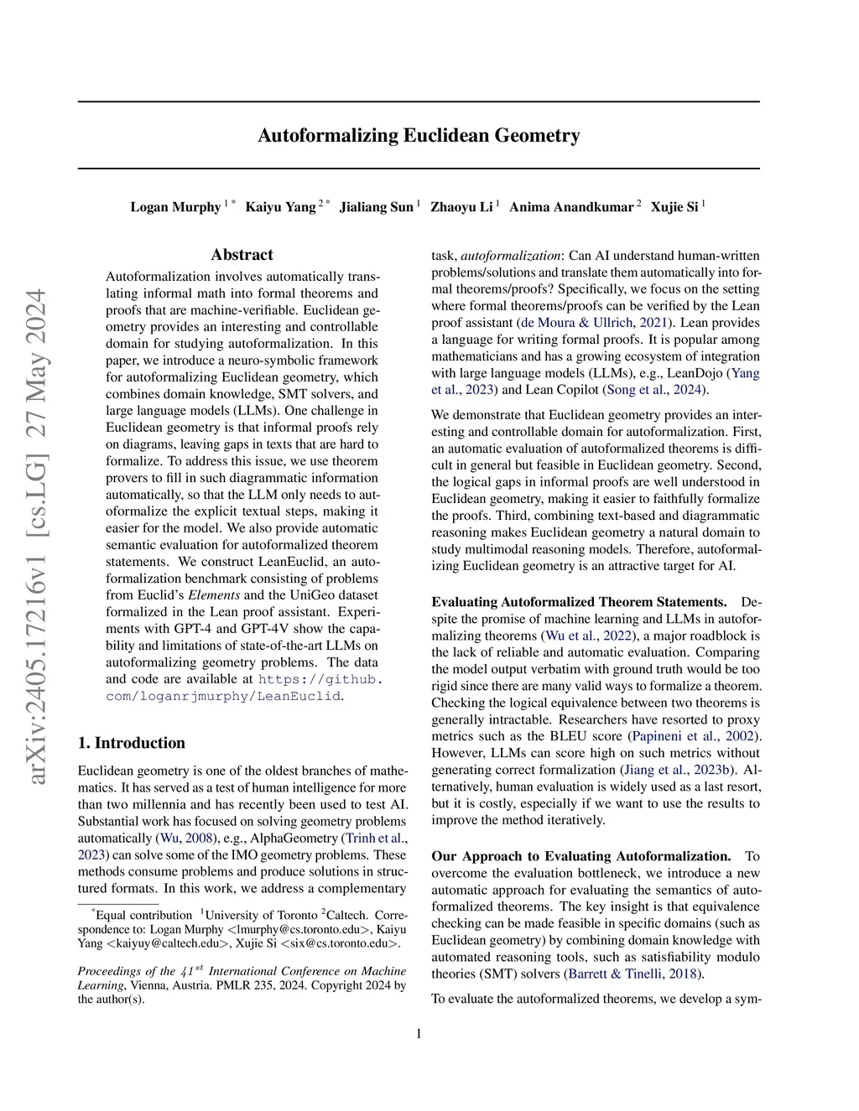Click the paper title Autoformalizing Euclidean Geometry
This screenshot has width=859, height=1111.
[x=419, y=135]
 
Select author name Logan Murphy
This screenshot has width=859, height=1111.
[x=175, y=207]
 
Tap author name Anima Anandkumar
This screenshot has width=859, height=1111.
[x=570, y=207]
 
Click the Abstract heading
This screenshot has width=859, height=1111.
[x=242, y=255]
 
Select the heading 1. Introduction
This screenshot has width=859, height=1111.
[x=131, y=743]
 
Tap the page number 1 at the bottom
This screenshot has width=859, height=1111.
[x=419, y=1034]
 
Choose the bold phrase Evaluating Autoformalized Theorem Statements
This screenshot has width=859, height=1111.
[x=579, y=602]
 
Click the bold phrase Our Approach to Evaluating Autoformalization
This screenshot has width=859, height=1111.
[x=580, y=856]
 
